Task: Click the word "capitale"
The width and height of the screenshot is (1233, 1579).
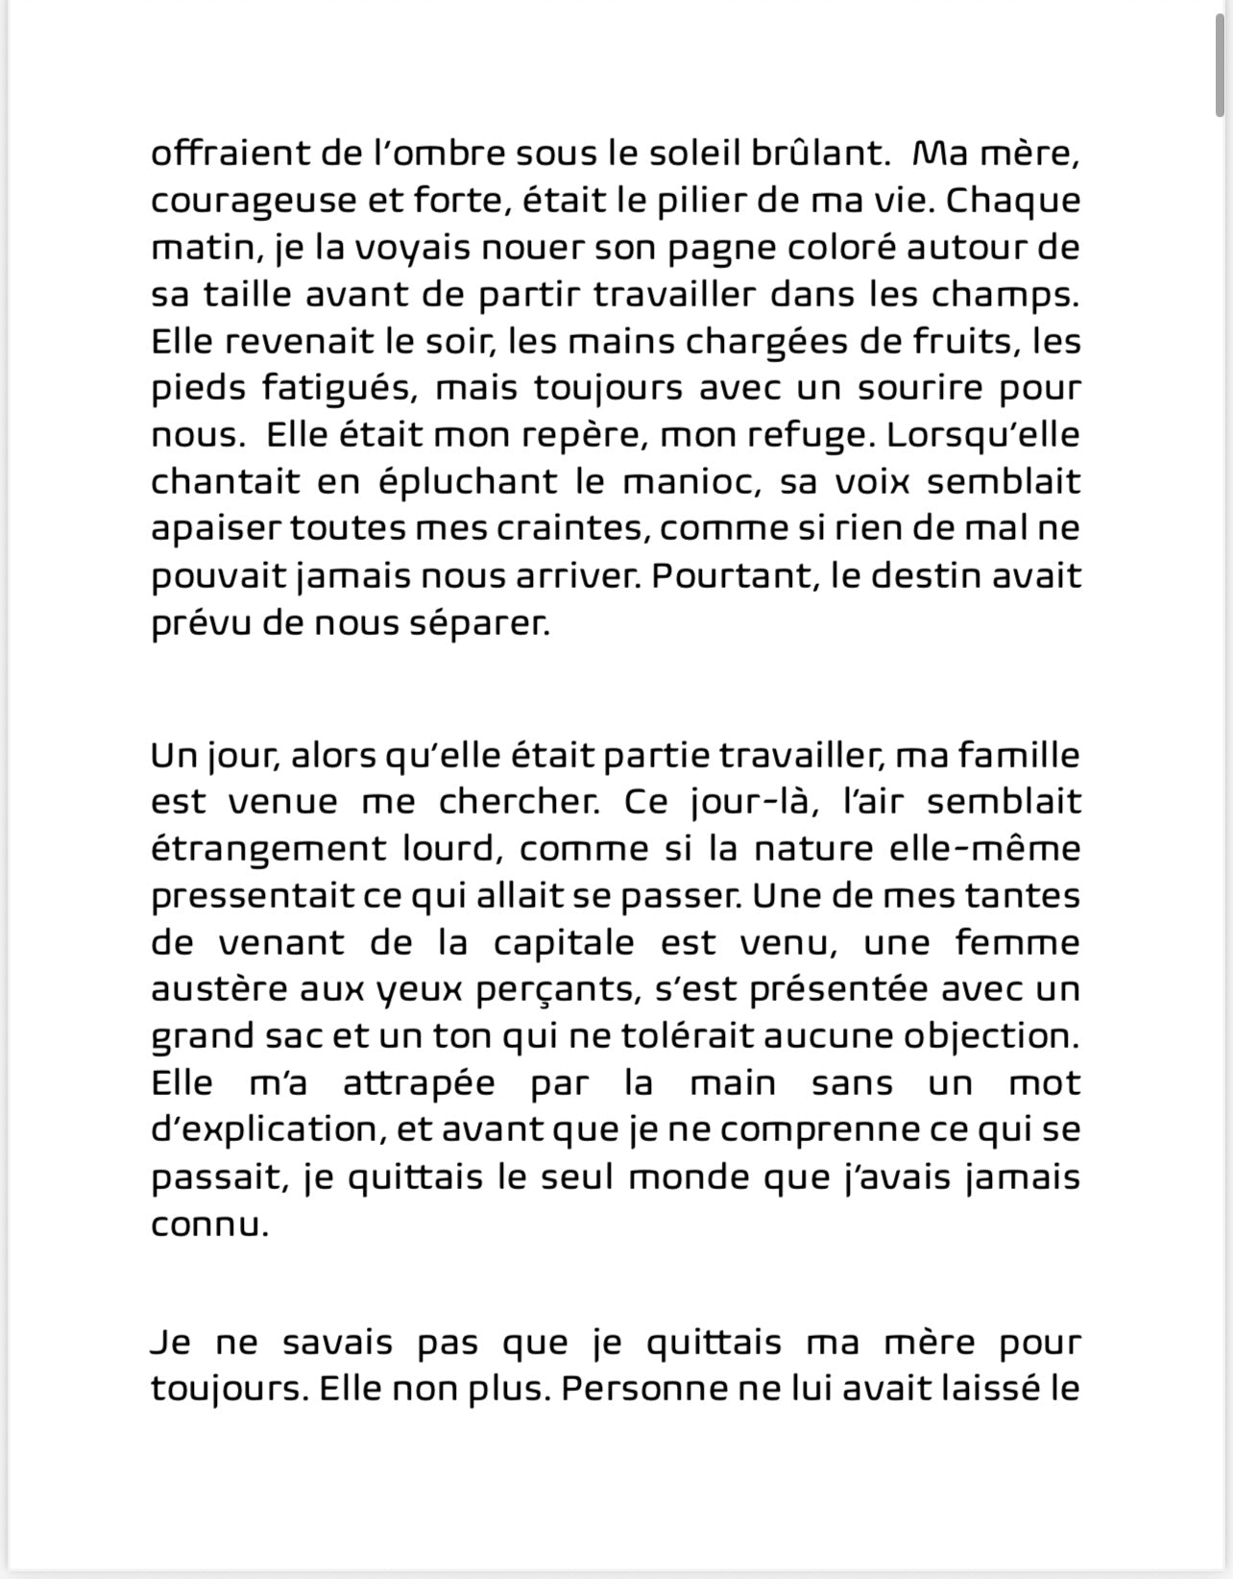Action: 564,943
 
